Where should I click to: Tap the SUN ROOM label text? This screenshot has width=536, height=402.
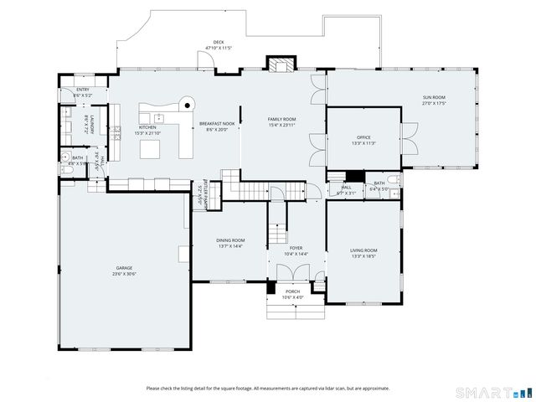pyautogui.click(x=434, y=98)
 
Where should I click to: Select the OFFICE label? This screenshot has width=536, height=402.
pyautogui.click(x=363, y=137)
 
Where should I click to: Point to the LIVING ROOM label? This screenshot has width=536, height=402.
pyautogui.click(x=363, y=250)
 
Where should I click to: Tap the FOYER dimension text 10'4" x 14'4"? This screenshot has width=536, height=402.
pyautogui.click(x=296, y=254)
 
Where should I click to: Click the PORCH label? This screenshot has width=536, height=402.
pyautogui.click(x=292, y=291)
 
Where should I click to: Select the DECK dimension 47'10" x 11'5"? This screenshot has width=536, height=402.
pyautogui.click(x=219, y=48)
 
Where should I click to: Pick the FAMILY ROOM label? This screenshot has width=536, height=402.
pyautogui.click(x=282, y=119)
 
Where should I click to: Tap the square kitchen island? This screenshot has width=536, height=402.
pyautogui.click(x=150, y=149)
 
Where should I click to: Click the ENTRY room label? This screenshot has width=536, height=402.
pyautogui.click(x=82, y=90)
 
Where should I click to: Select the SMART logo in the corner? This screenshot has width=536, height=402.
pyautogui.click(x=493, y=392)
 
